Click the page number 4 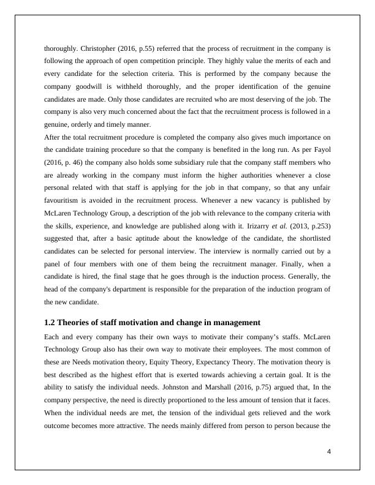pos(329,452)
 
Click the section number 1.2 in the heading pos(51,322)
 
